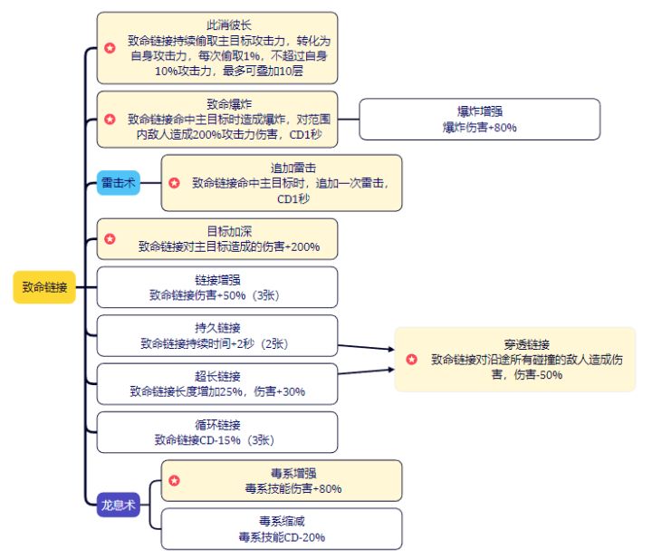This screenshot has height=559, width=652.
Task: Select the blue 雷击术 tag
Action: pyautogui.click(x=119, y=183)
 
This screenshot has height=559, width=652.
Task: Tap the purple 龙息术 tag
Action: pyautogui.click(x=118, y=505)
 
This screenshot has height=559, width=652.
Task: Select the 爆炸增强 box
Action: pyautogui.click(x=480, y=119)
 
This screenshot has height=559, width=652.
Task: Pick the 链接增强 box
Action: pyautogui.click(x=216, y=287)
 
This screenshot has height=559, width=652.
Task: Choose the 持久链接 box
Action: pyautogui.click(x=216, y=335)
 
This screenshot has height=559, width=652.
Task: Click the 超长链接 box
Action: pyautogui.click(x=216, y=383)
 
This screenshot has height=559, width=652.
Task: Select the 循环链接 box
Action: pyautogui.click(x=216, y=432)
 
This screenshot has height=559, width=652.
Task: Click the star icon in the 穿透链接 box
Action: pyautogui.click(x=411, y=360)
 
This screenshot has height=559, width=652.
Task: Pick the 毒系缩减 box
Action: pyautogui.click(x=282, y=528)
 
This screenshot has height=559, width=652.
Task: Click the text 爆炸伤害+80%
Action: pyautogui.click(x=480, y=128)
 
